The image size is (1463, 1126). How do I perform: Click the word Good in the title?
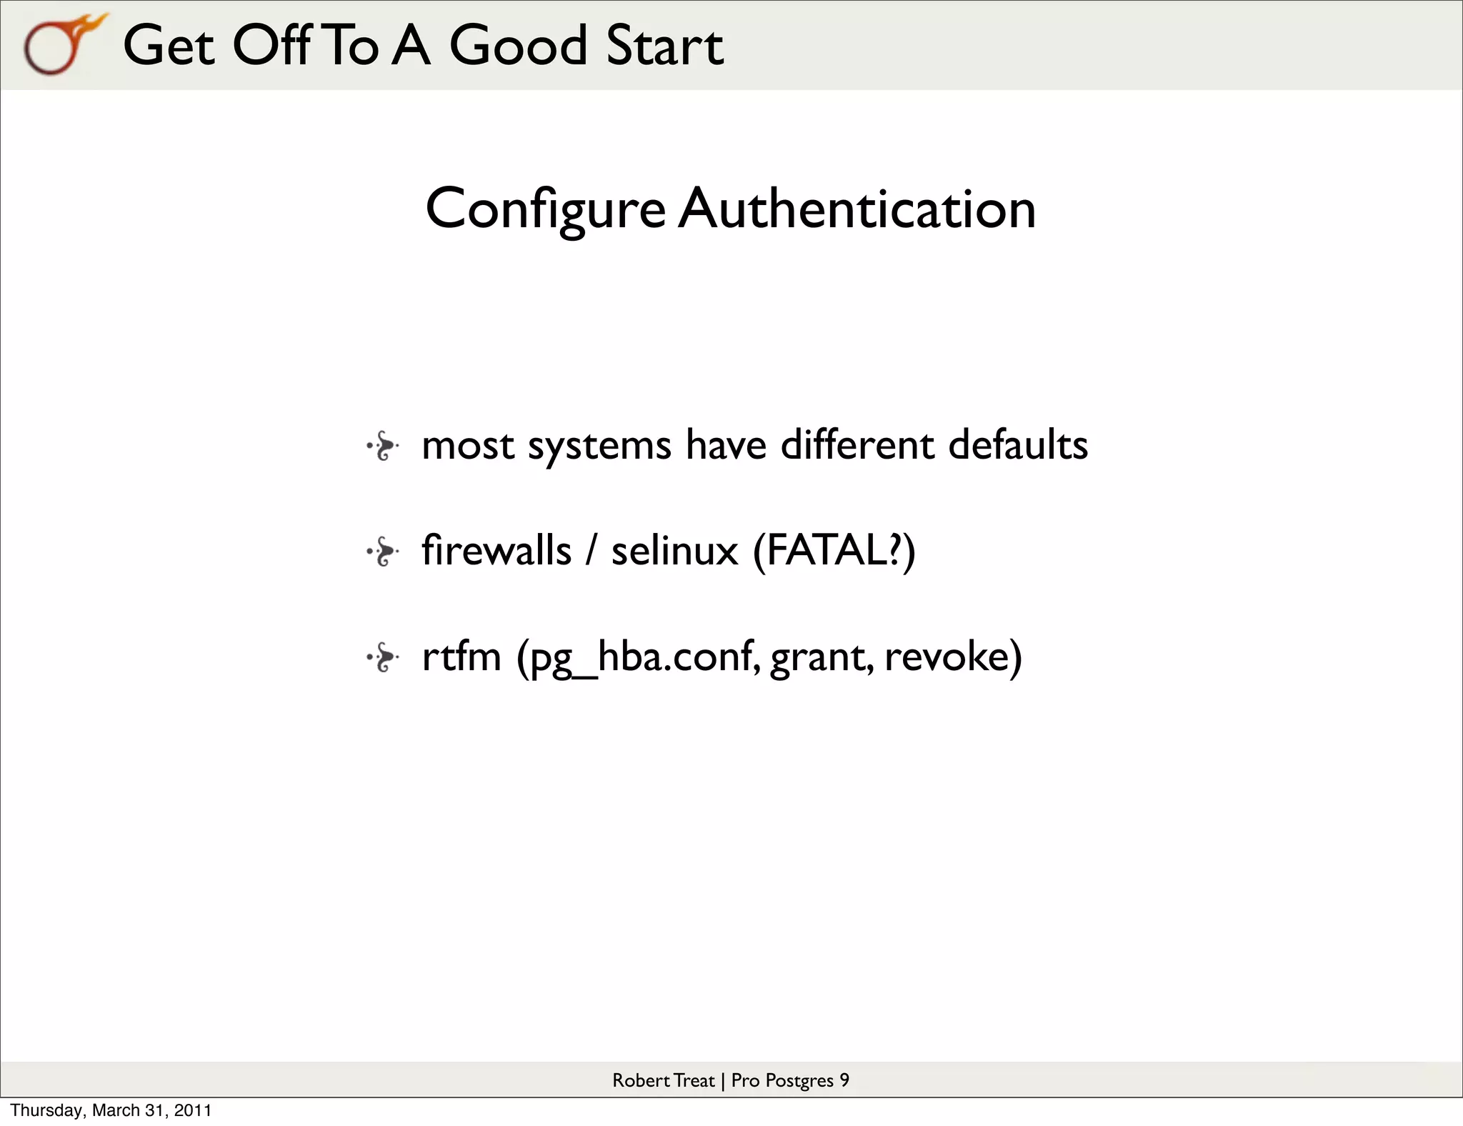tap(517, 46)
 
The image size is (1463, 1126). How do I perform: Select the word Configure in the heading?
tap(545, 209)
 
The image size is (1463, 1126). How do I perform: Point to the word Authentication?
tap(857, 209)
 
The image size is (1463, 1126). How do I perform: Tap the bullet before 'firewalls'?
tap(382, 552)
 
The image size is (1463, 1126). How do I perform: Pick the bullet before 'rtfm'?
tap(382, 657)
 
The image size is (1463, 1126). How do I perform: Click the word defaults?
tap(1018, 445)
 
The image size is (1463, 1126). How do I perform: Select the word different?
tap(857, 445)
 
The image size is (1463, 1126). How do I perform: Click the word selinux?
tap(674, 551)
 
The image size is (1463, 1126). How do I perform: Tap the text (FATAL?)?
tap(834, 551)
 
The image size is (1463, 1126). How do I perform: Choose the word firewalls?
tap(496, 551)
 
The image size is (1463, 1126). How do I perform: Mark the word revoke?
tap(953, 657)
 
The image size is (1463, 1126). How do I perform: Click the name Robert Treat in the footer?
tap(663, 1080)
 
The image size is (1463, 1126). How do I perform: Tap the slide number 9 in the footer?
tap(844, 1080)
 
